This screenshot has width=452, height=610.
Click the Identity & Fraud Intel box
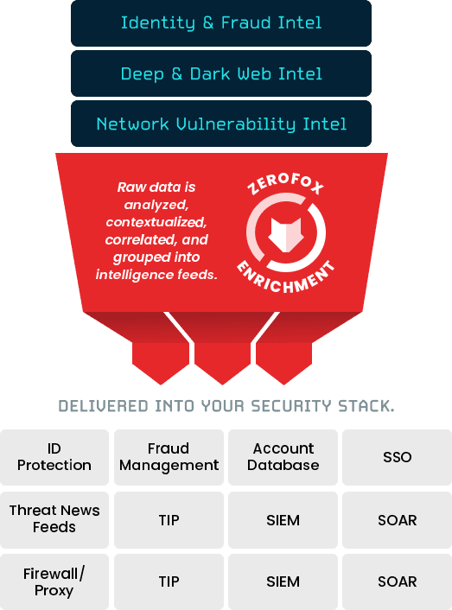[221, 23]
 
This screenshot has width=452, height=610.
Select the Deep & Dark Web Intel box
[221, 73]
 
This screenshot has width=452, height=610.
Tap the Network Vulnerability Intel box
[221, 124]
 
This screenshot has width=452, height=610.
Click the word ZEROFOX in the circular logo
[285, 184]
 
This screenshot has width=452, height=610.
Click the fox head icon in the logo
[286, 235]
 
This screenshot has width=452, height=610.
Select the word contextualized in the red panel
[156, 222]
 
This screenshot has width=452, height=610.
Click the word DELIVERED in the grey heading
[104, 406]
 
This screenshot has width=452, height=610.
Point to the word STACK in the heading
[366, 406]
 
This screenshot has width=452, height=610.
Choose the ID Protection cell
[54, 457]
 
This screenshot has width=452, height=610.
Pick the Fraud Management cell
[169, 457]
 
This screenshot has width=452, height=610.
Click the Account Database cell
[283, 457]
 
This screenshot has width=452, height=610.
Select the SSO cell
[398, 457]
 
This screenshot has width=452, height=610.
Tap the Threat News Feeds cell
[54, 520]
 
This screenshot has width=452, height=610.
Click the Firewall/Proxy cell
[54, 582]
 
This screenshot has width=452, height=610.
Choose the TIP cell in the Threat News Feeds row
[169, 520]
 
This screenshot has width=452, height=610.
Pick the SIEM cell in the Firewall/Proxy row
[283, 582]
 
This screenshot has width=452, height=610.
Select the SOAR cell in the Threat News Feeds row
[398, 520]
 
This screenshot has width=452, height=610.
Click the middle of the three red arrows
[222, 362]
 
